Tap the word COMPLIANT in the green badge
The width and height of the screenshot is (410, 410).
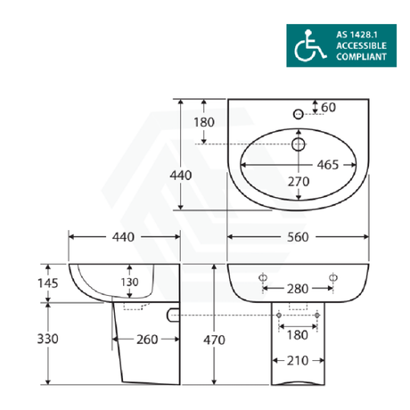[x=362, y=57]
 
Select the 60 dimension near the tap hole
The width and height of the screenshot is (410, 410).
[x=328, y=107]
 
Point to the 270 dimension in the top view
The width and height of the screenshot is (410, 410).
[x=297, y=182]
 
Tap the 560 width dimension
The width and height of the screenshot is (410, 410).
[x=298, y=237]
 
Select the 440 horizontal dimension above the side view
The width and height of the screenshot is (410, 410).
[x=123, y=237]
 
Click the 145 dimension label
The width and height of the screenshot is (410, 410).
[x=22, y=283]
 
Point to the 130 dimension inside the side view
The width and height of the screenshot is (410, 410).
[x=131, y=282]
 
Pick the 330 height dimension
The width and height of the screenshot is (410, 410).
[x=22, y=340]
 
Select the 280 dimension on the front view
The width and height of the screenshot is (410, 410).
[x=298, y=290]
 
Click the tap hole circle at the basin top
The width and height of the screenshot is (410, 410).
[x=298, y=112]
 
